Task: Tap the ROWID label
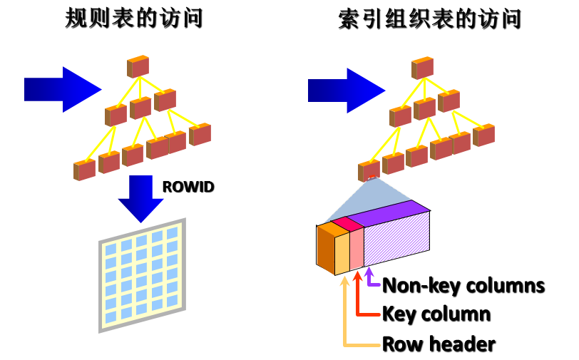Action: [188, 187]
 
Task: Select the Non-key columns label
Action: [464, 286]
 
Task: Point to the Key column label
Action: [436, 314]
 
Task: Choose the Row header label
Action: [439, 344]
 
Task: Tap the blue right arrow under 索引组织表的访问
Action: [347, 90]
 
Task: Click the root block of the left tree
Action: [138, 66]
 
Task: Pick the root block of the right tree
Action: [422, 66]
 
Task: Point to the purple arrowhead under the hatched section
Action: [369, 273]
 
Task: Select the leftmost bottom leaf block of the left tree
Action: [84, 170]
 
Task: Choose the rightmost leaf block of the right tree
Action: [484, 135]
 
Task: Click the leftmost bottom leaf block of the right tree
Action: [369, 170]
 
